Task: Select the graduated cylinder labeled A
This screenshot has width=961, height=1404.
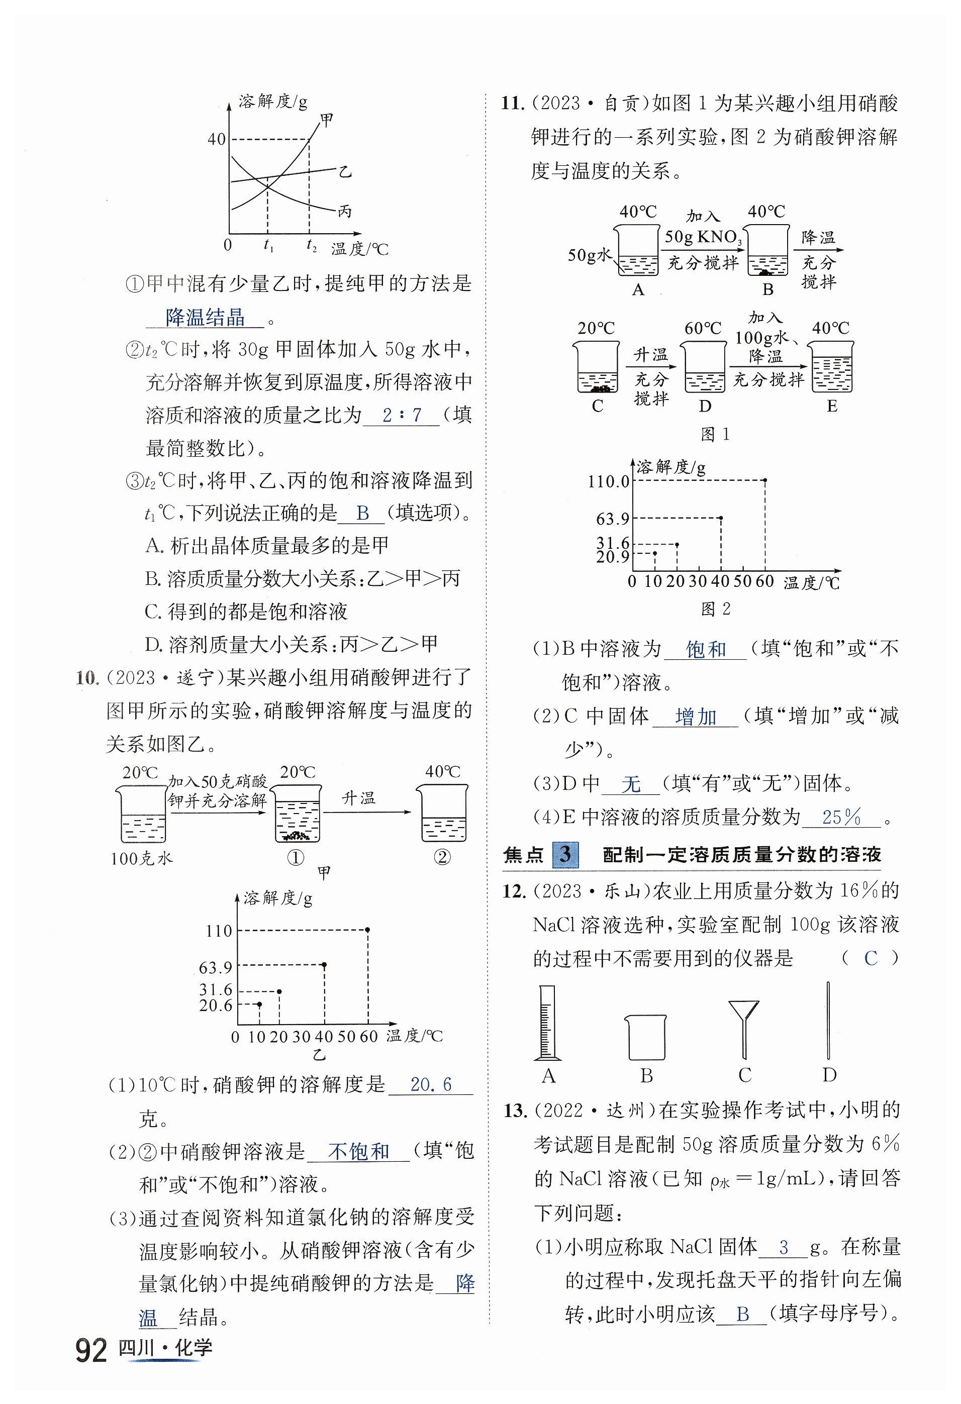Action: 547,1024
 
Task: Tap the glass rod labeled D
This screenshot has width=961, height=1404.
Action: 828,1021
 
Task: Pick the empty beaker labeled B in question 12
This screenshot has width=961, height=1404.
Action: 645,1037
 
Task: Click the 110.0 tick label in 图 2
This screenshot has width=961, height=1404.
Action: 609,481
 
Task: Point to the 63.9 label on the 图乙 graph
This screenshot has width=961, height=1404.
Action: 216,968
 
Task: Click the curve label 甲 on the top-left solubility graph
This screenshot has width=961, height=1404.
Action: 326,120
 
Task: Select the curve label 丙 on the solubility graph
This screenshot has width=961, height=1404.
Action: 344,212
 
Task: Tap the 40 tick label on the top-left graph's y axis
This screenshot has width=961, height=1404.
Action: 217,139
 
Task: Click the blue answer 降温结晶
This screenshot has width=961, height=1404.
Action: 206,317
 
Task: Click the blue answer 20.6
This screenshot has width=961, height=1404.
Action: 430,1084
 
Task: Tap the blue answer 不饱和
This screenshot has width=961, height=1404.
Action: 358,1151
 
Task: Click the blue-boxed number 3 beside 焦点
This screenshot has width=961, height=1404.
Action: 565,854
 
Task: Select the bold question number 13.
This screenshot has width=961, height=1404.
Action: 516,1111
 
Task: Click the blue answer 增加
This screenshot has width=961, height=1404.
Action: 696,717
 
